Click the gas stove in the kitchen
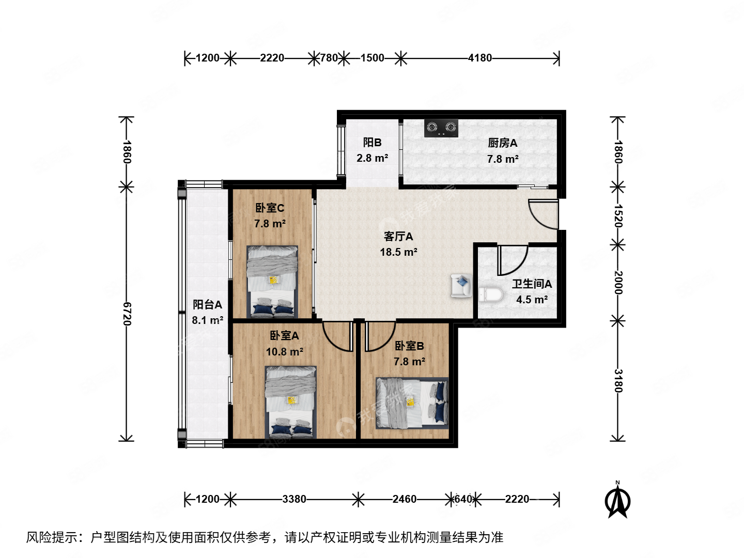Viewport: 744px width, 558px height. click(x=441, y=128)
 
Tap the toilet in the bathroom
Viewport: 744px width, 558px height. click(x=490, y=295)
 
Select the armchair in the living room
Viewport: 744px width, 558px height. click(x=461, y=286)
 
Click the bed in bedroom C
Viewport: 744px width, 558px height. click(x=272, y=281)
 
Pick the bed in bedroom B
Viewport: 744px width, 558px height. click(x=412, y=403)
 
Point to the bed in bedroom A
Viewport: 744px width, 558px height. click(x=290, y=402)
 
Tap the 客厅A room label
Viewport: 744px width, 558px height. click(x=398, y=237)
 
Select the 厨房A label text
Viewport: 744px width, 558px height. click(x=502, y=143)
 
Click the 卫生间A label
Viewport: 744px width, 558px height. click(x=532, y=284)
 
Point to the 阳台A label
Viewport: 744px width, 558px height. click(x=207, y=305)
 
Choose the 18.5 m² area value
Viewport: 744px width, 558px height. click(x=398, y=252)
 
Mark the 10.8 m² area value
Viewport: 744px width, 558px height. click(x=284, y=352)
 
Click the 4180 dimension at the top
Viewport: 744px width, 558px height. click(x=480, y=58)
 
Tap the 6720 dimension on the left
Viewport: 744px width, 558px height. click(x=127, y=314)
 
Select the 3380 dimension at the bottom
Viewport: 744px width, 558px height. click(x=294, y=499)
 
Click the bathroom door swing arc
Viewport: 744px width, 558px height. click(x=512, y=260)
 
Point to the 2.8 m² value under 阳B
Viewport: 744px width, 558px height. click(x=372, y=158)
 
